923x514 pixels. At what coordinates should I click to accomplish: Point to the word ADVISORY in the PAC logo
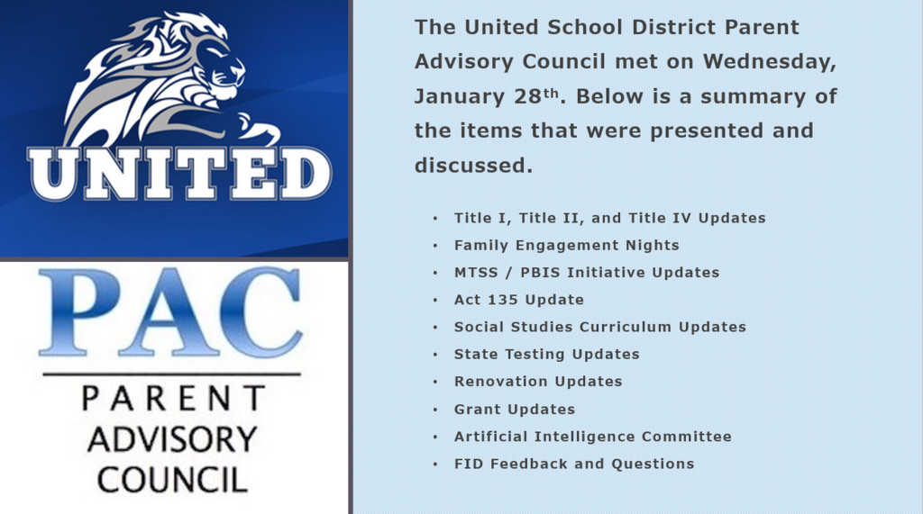[172, 439]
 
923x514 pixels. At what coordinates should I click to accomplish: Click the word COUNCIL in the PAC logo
[172, 478]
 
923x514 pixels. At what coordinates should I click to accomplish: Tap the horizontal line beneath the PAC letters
[171, 374]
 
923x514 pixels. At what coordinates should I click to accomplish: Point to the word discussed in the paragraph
[473, 166]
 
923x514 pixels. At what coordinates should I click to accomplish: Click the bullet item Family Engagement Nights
[566, 245]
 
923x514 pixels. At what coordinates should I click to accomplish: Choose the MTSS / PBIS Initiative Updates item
[587, 272]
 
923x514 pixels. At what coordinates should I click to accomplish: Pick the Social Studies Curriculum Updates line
[599, 327]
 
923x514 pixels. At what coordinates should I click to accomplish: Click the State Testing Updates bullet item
[546, 354]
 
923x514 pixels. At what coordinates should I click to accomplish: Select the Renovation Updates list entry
[538, 382]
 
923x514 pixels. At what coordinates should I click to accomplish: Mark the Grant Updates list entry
[514, 410]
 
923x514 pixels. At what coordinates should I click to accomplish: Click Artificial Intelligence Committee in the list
[592, 437]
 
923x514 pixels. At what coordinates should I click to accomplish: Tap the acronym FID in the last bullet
[468, 464]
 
